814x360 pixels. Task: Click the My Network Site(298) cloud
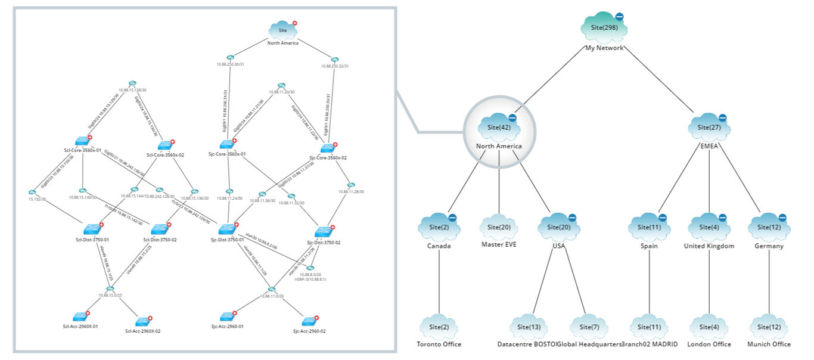coord(603,28)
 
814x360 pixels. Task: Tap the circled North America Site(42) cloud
coord(498,127)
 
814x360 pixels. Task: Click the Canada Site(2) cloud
coord(439,227)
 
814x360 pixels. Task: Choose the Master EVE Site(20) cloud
coord(499,227)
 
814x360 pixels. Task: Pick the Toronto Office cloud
coord(439,327)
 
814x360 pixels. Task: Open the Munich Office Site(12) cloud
coord(769,327)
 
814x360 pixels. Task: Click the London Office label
coord(709,345)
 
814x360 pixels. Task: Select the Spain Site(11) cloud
coord(648,227)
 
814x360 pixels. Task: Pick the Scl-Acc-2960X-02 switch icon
coord(141,322)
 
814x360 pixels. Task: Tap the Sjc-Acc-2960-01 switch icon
coord(226,316)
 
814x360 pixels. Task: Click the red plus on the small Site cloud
coord(294,23)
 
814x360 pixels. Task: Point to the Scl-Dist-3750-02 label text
coord(160,240)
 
